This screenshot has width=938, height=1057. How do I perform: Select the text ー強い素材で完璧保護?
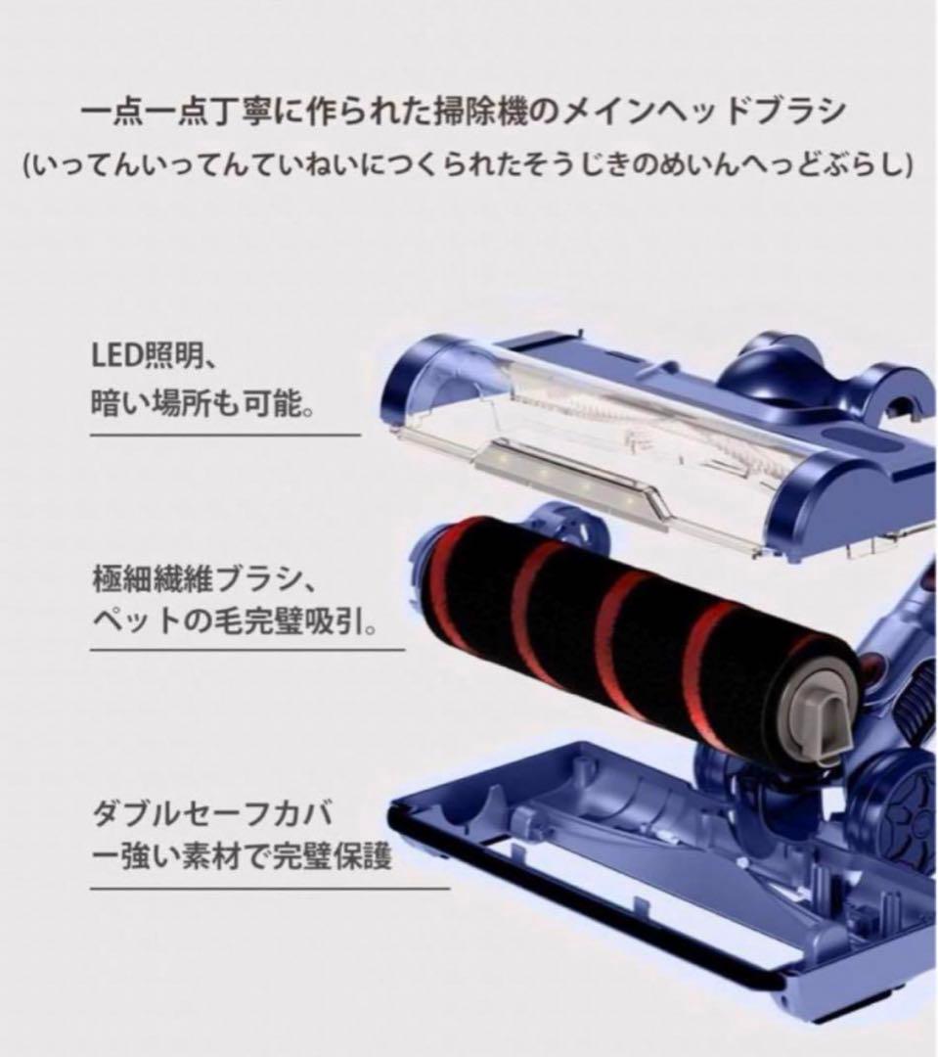(x=241, y=858)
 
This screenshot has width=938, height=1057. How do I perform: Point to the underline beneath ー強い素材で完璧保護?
(x=269, y=889)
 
